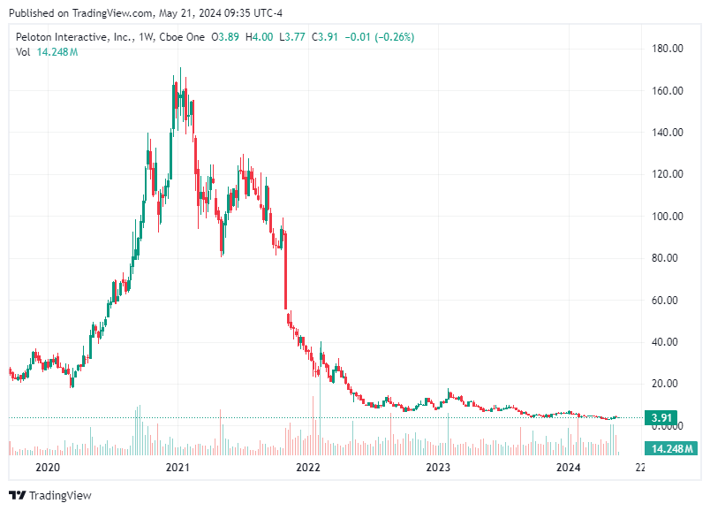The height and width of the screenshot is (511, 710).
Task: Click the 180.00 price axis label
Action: tap(668, 49)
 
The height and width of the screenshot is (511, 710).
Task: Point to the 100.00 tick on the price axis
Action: tap(668, 217)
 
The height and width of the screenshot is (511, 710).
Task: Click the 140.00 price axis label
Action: tap(668, 133)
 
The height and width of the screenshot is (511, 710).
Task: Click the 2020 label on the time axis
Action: tap(47, 467)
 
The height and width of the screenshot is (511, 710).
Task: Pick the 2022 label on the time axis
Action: tap(307, 467)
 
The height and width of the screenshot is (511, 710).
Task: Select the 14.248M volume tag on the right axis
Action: tap(668, 449)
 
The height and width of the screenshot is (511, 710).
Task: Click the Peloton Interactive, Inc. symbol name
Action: tap(74, 37)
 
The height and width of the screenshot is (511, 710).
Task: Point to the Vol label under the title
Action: tap(23, 52)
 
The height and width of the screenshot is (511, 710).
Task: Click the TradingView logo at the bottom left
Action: tap(50, 495)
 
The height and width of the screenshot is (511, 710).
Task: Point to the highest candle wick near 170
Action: tap(181, 71)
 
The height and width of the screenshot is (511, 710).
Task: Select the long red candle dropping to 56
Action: tap(285, 270)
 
